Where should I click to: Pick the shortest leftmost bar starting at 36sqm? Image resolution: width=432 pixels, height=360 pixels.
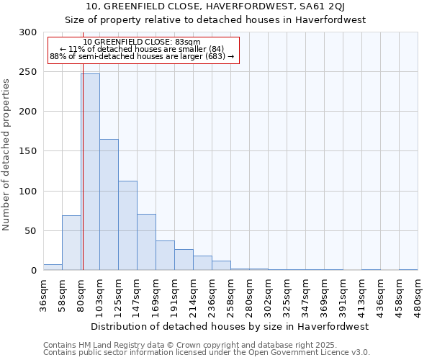53,267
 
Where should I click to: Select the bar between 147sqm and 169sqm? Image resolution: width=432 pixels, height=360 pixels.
146,242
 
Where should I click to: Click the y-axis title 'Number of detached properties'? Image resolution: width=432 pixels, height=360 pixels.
7,155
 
